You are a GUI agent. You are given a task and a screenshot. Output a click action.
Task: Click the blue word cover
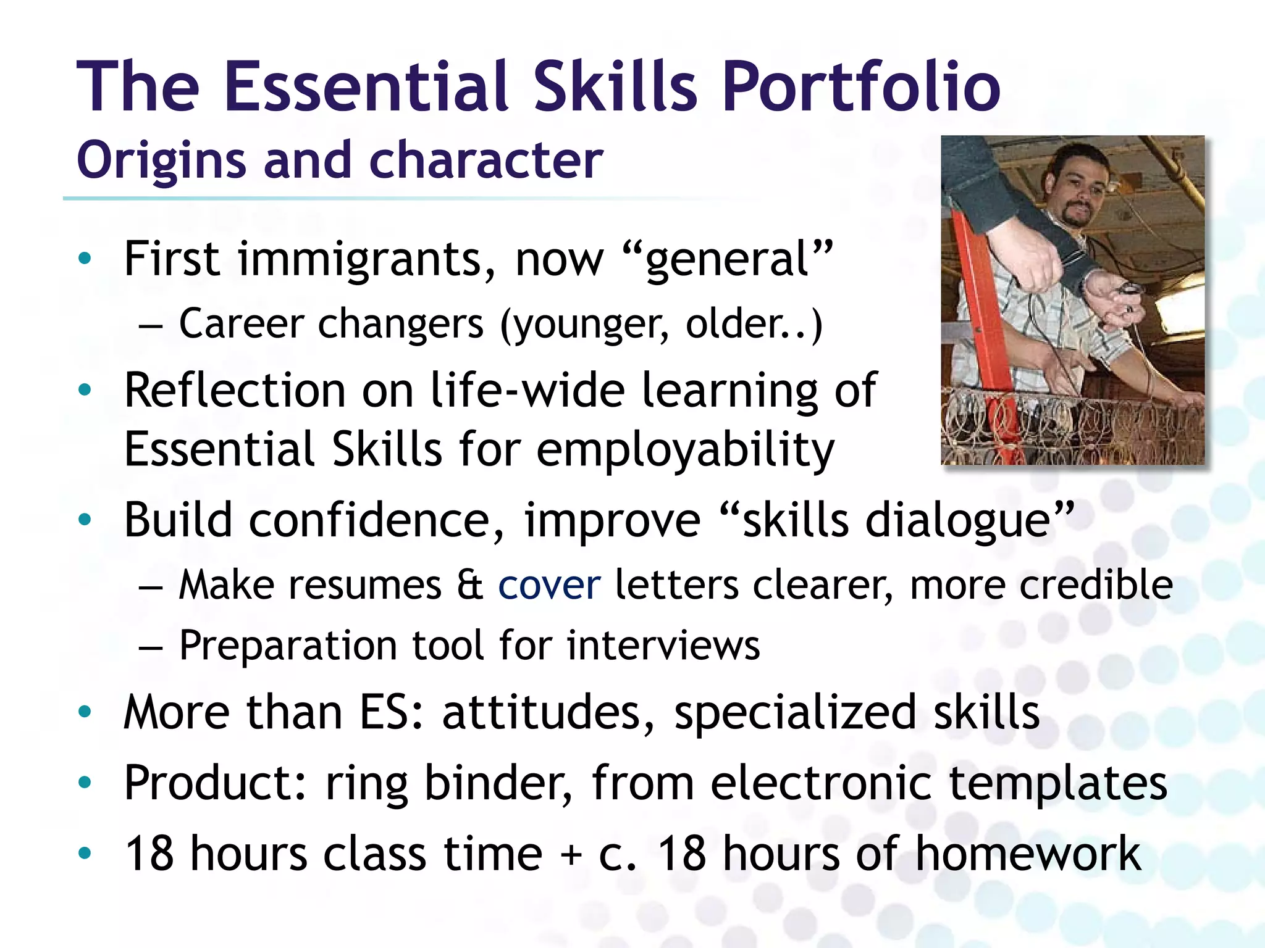(549, 585)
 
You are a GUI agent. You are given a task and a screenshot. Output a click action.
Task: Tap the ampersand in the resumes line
(470, 585)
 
